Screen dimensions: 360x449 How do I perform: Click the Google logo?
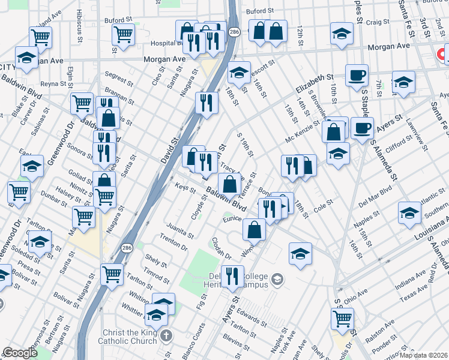tap(20, 353)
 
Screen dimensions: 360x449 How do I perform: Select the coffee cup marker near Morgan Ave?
tap(357, 75)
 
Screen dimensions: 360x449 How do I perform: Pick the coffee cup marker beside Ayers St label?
tap(362, 128)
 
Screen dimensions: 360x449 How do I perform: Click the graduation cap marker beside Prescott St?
tap(238, 73)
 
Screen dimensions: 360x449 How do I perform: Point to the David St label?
tap(174, 146)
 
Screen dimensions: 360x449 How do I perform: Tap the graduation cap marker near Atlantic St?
tap(409, 213)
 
